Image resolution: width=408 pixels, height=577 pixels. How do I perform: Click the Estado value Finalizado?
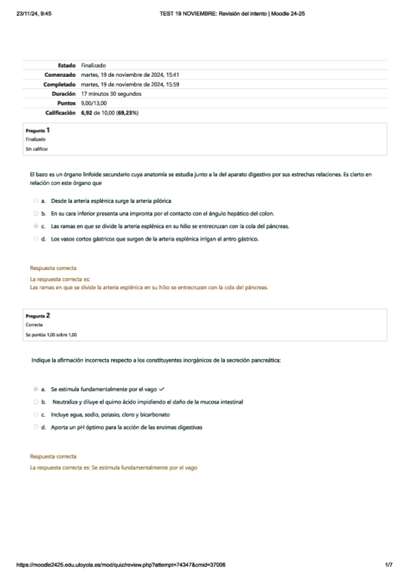coord(93,65)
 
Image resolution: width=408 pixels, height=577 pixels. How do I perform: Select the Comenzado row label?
coord(60,75)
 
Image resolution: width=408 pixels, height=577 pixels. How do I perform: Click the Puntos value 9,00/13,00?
coord(93,103)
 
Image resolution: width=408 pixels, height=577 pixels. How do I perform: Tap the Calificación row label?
coord(59,112)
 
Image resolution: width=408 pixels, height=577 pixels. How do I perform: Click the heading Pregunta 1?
coord(37,129)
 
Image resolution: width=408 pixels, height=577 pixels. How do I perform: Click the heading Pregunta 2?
coord(37,316)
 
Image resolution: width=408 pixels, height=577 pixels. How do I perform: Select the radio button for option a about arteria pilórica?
coord(35,201)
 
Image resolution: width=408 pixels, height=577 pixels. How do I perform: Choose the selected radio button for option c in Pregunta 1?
coord(35,226)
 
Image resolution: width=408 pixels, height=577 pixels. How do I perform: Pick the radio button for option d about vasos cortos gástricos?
coord(35,239)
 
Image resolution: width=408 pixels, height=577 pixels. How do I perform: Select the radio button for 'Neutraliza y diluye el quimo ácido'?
coord(35,402)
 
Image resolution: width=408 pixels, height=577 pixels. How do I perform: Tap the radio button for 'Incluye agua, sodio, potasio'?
coord(35,414)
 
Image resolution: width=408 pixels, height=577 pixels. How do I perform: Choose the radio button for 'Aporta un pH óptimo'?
coord(35,427)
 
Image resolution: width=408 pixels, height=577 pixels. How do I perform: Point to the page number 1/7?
coord(389,565)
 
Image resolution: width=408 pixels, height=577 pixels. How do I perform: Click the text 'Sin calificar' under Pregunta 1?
coord(37,148)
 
